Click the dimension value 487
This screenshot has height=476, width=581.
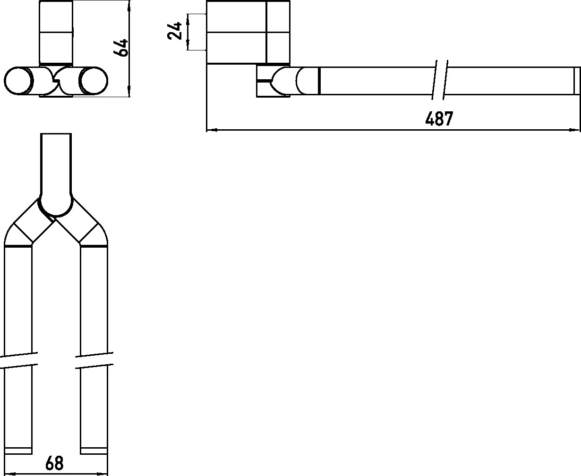(x=439, y=118)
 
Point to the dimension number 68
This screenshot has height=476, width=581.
(x=54, y=463)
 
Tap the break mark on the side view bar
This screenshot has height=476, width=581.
(x=440, y=80)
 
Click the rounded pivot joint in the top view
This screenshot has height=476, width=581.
(x=56, y=205)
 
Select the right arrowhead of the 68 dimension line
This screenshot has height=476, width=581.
(x=106, y=474)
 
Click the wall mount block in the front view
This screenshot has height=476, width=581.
(x=56, y=32)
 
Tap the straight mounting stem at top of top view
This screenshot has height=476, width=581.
(x=56, y=160)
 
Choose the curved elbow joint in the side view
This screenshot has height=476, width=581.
(x=279, y=81)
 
